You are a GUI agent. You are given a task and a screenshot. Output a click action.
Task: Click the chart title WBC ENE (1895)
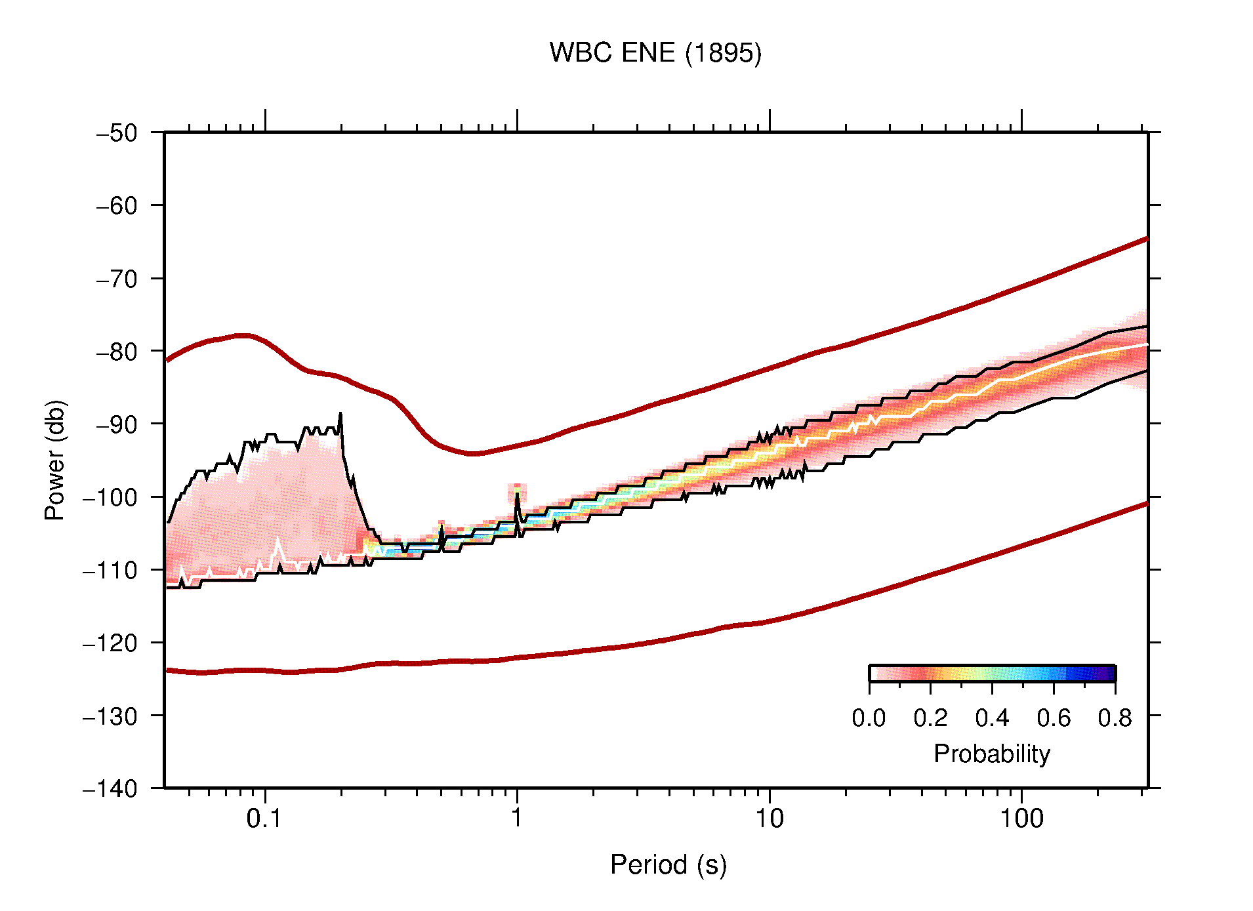[x=655, y=53]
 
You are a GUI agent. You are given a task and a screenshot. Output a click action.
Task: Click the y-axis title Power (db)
[x=55, y=460]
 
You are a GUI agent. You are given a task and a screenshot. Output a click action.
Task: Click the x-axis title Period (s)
[x=668, y=864]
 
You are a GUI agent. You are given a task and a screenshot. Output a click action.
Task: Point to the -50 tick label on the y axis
[x=117, y=133]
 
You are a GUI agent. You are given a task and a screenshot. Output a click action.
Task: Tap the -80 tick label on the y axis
[x=117, y=352]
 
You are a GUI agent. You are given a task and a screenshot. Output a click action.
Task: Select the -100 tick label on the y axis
[x=110, y=497]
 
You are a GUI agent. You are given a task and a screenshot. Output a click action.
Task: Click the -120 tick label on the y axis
[x=110, y=643]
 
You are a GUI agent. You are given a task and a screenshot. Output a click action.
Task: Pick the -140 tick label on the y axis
[x=110, y=788]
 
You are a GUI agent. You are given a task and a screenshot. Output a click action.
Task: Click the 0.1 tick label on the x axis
[x=264, y=819]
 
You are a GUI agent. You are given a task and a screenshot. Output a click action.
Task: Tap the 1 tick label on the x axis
[x=517, y=819]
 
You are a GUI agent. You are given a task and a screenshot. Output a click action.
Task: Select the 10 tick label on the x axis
[x=769, y=819]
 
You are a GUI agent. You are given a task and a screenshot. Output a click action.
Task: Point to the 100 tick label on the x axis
[x=1021, y=819]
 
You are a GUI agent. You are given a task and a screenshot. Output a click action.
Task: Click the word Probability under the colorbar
[x=991, y=754]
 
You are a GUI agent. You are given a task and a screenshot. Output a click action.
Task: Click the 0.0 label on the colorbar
[x=869, y=718]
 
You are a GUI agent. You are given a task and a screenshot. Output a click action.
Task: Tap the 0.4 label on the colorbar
[x=991, y=718]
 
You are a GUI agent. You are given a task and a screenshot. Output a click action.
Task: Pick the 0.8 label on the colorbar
[x=1115, y=718]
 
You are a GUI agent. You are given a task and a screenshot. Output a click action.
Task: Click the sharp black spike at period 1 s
[x=518, y=493]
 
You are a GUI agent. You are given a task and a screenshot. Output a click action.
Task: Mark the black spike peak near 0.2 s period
[x=340, y=414]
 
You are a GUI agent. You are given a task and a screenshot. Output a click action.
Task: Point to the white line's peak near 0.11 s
[x=277, y=539]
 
